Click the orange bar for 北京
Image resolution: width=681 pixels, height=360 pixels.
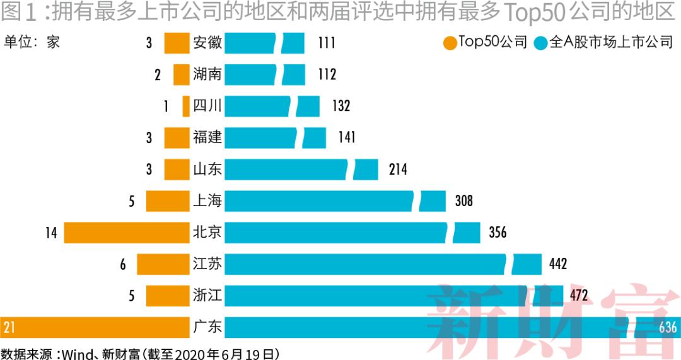point(127,233)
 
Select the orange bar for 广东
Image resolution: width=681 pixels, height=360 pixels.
point(95,327)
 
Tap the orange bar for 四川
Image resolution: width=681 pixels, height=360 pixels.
point(186,106)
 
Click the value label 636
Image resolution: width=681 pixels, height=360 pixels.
point(667,327)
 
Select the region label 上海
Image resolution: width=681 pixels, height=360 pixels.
point(207,201)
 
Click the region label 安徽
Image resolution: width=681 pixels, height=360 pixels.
point(207,43)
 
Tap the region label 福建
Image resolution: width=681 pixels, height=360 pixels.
point(207,137)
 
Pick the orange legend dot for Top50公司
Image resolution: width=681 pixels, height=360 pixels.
point(450,43)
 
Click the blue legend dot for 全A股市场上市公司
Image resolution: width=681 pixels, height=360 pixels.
point(540,43)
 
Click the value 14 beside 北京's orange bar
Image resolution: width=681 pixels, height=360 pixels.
point(51,233)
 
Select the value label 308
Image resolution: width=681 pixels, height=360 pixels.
point(463,201)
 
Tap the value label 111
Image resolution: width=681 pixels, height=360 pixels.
point(327,43)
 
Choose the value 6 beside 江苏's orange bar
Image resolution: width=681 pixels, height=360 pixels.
point(124,264)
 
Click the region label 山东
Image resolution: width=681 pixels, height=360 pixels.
point(207,169)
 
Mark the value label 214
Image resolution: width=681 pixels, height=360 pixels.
point(398,170)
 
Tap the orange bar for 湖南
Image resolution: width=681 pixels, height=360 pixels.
point(182,74)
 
